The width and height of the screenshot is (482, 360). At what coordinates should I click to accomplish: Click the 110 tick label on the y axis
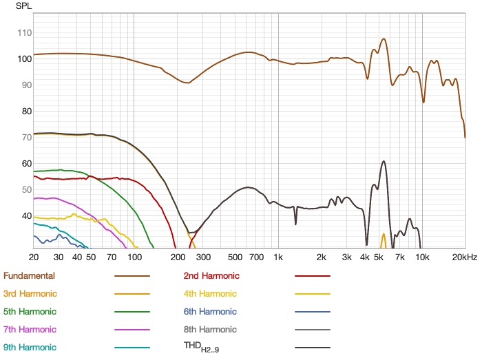click(x=25, y=32)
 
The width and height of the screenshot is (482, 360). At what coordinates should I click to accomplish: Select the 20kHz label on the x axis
click(x=465, y=257)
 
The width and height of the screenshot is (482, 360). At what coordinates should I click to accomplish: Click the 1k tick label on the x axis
click(x=278, y=257)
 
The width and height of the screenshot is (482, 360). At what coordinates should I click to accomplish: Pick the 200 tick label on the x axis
click(x=177, y=257)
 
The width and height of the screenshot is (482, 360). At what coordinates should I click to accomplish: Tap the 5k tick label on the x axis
click(x=379, y=257)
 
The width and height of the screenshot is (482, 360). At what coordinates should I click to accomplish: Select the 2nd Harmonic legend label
click(x=211, y=276)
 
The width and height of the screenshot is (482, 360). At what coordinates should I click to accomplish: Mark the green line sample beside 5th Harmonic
click(x=132, y=312)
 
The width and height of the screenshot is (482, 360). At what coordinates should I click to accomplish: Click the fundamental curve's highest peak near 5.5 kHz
click(x=384, y=39)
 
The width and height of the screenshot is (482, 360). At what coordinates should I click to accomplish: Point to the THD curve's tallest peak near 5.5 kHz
click(x=384, y=161)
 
